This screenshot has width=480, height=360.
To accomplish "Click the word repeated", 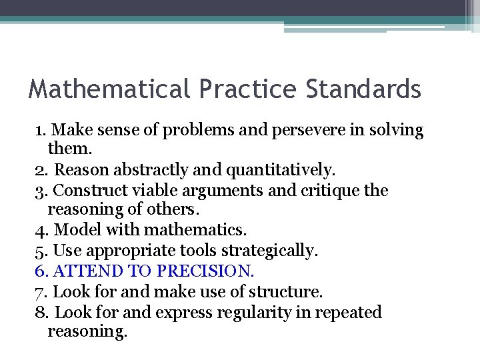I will point(347,312).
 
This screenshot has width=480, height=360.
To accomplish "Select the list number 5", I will point(39,251).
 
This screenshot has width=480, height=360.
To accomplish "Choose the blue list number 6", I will point(39,271).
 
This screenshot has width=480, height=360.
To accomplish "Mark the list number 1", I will point(39,130).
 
